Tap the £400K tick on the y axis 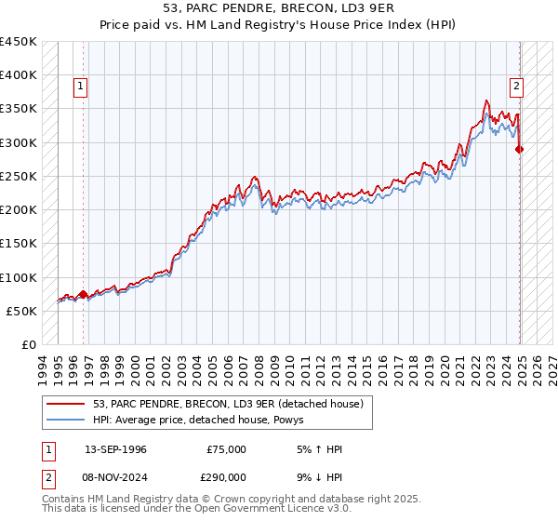19,75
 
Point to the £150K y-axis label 19,244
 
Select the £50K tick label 22,311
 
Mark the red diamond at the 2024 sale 520,149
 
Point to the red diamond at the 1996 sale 83,294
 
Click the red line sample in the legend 66,403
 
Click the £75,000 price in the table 226,449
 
